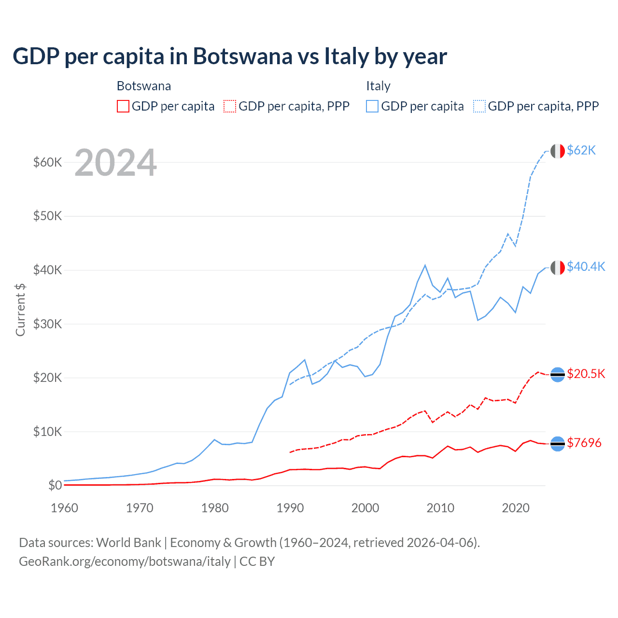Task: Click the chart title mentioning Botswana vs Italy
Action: pyautogui.click(x=230, y=56)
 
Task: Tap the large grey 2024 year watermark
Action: pyautogui.click(x=115, y=163)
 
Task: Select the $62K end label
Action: pyautogui.click(x=581, y=151)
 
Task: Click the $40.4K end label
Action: pyautogui.click(x=586, y=267)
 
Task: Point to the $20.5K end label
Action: pyautogui.click(x=586, y=374)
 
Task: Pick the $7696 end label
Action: pyautogui.click(x=584, y=443)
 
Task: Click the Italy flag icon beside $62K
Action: pyautogui.click(x=558, y=151)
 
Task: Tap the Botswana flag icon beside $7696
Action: pyautogui.click(x=558, y=443)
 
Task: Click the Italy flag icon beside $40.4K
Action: pyautogui.click(x=558, y=267)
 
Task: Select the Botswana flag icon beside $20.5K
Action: pyautogui.click(x=558, y=375)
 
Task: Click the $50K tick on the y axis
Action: pyautogui.click(x=48, y=216)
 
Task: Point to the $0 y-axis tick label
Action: pyautogui.click(x=55, y=485)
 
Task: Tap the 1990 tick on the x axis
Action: pyautogui.click(x=290, y=508)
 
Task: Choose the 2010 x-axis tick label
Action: pyautogui.click(x=440, y=508)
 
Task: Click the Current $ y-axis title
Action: pyautogui.click(x=20, y=309)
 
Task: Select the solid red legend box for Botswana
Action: pyautogui.click(x=123, y=106)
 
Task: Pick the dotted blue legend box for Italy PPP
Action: pyautogui.click(x=479, y=106)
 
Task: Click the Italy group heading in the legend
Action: pyautogui.click(x=378, y=86)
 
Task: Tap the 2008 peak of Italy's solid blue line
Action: pyautogui.click(x=425, y=265)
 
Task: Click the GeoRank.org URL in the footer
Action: pyautogui.click(x=125, y=562)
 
